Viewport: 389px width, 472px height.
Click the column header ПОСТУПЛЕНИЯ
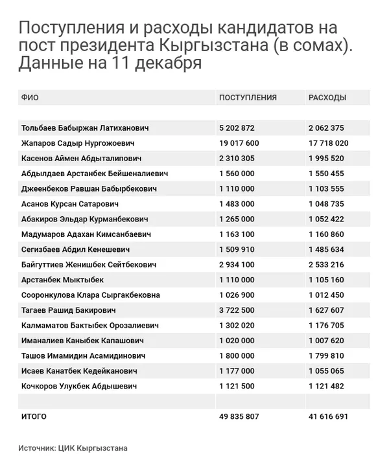248,98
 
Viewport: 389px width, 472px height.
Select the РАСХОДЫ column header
327,98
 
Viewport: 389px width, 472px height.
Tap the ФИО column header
30,98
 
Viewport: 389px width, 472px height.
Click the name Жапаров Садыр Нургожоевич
78,143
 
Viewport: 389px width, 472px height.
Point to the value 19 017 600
239,143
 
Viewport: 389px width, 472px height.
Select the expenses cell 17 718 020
328,143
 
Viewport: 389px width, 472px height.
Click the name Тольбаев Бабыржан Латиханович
85,128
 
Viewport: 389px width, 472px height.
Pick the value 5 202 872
237,128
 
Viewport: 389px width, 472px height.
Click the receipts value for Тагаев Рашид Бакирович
237,310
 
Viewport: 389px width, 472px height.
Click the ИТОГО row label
34,417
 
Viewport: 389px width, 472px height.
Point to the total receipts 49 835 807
239,417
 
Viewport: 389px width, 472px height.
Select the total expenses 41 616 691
328,417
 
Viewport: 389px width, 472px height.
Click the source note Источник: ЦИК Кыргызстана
73,448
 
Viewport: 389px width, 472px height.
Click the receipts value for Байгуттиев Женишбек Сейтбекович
237,265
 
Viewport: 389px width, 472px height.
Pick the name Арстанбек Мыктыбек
62,280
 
